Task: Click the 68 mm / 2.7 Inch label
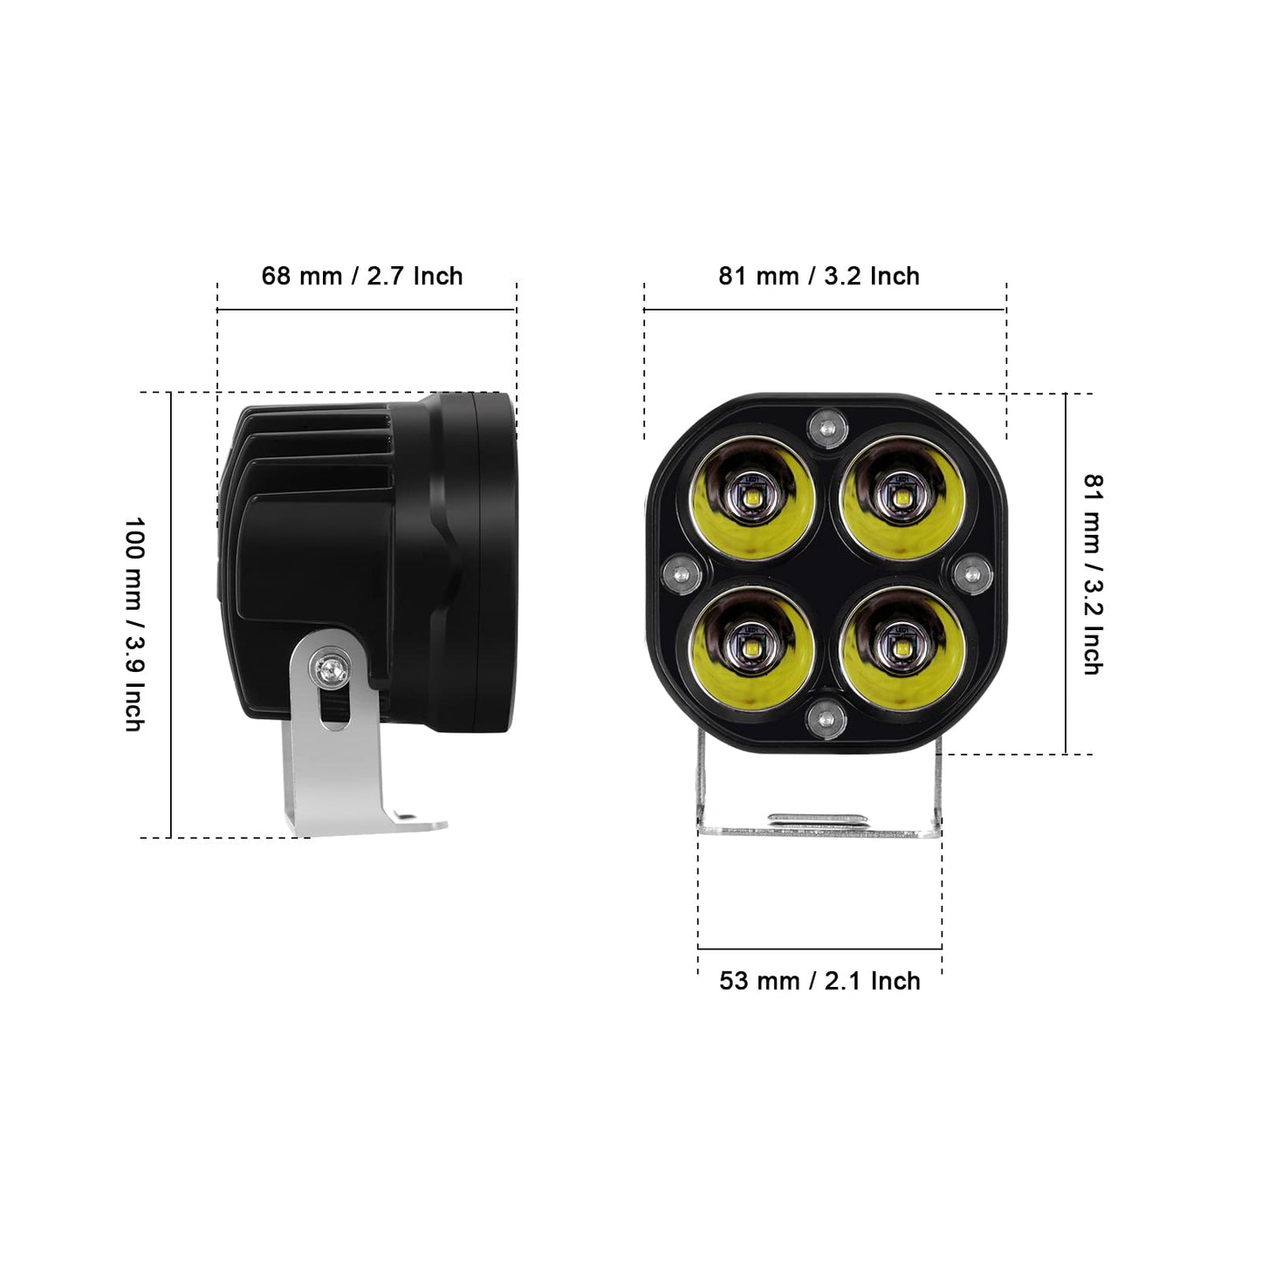[362, 276]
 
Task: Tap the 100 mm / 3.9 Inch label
[134, 624]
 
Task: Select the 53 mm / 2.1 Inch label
[819, 981]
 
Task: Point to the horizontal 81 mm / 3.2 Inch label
[819, 276]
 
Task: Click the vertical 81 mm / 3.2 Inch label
[1093, 574]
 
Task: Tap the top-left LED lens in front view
[753, 498]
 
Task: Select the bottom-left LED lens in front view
[753, 648]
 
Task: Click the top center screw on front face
[828, 428]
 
